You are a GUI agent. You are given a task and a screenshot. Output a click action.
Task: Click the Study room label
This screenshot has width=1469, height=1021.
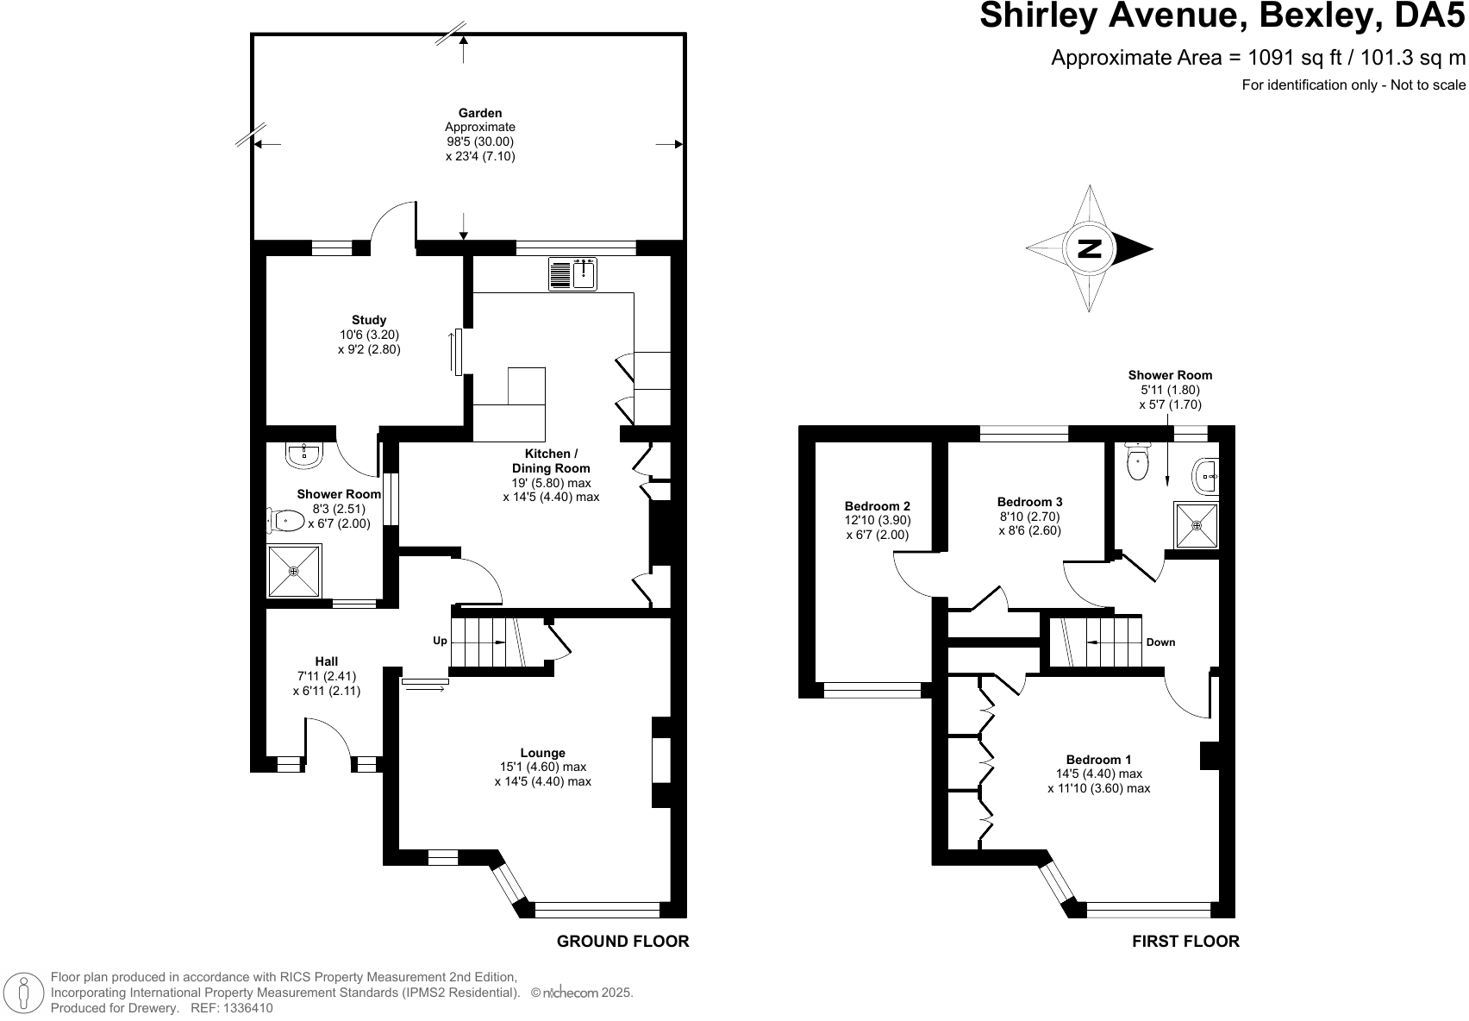(369, 320)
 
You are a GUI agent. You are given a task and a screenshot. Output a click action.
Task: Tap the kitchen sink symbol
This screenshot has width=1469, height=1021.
(572, 274)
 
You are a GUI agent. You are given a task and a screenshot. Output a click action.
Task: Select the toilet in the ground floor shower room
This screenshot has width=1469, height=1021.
(285, 520)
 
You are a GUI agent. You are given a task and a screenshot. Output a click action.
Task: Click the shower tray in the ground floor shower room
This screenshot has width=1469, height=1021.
(295, 571)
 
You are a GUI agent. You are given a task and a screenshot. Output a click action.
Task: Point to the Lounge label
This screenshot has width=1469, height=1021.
(542, 753)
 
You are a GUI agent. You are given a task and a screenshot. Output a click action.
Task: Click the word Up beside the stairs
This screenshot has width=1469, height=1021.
(440, 641)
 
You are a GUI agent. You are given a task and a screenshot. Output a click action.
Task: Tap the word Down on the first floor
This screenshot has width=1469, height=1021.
(1160, 642)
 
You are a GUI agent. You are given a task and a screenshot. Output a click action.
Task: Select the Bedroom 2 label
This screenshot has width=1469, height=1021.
(878, 506)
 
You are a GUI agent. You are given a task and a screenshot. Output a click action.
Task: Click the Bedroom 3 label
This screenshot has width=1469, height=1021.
(1029, 502)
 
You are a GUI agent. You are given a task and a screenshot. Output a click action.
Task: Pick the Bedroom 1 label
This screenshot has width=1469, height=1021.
(1098, 760)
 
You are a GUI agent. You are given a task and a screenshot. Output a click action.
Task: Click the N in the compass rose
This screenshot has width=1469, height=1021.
(1090, 248)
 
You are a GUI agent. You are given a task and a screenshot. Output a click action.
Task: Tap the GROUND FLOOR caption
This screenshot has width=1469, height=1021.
(623, 941)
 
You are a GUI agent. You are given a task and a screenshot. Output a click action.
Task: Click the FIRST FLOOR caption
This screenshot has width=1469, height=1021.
(1185, 941)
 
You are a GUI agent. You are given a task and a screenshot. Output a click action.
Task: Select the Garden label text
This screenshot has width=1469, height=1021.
(480, 113)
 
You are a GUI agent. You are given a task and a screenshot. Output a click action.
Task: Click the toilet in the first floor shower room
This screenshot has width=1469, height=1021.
(1138, 462)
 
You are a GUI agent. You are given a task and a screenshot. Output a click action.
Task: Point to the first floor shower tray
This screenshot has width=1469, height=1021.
(1197, 525)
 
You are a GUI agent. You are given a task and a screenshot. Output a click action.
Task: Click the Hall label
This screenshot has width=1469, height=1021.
(327, 661)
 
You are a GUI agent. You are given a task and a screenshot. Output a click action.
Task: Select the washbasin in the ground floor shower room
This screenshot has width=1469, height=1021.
(303, 455)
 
